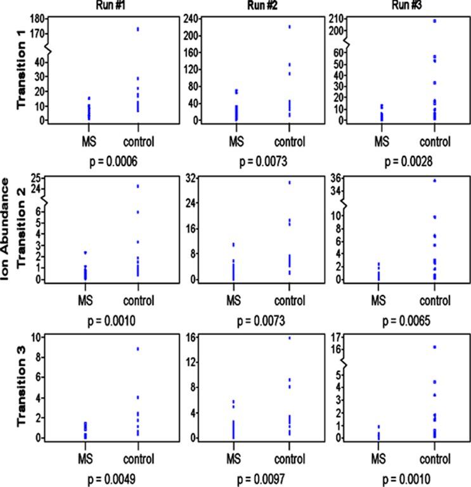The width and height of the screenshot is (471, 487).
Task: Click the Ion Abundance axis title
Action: (x=6, y=228)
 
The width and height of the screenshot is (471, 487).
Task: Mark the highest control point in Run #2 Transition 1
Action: (x=289, y=27)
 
